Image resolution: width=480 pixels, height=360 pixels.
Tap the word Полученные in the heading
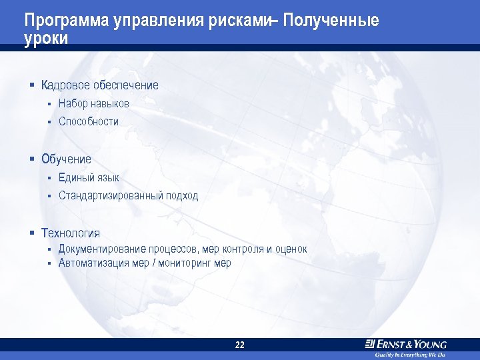click(331, 21)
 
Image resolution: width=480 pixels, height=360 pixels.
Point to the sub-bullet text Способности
click(88, 122)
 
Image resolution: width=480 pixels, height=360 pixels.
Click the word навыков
click(111, 104)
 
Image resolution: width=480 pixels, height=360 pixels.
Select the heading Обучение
click(66, 159)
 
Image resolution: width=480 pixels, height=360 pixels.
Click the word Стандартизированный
click(110, 196)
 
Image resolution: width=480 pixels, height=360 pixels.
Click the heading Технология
click(71, 233)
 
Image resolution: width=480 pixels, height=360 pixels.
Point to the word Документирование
click(102, 249)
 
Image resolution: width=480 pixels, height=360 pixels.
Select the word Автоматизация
click(93, 263)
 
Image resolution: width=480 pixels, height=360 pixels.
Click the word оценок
click(291, 249)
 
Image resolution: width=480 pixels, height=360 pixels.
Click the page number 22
click(240, 345)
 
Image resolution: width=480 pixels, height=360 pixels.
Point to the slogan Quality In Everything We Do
click(409, 355)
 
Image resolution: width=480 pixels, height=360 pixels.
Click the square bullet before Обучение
click(31, 159)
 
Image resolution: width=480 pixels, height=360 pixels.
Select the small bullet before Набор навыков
click(49, 104)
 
